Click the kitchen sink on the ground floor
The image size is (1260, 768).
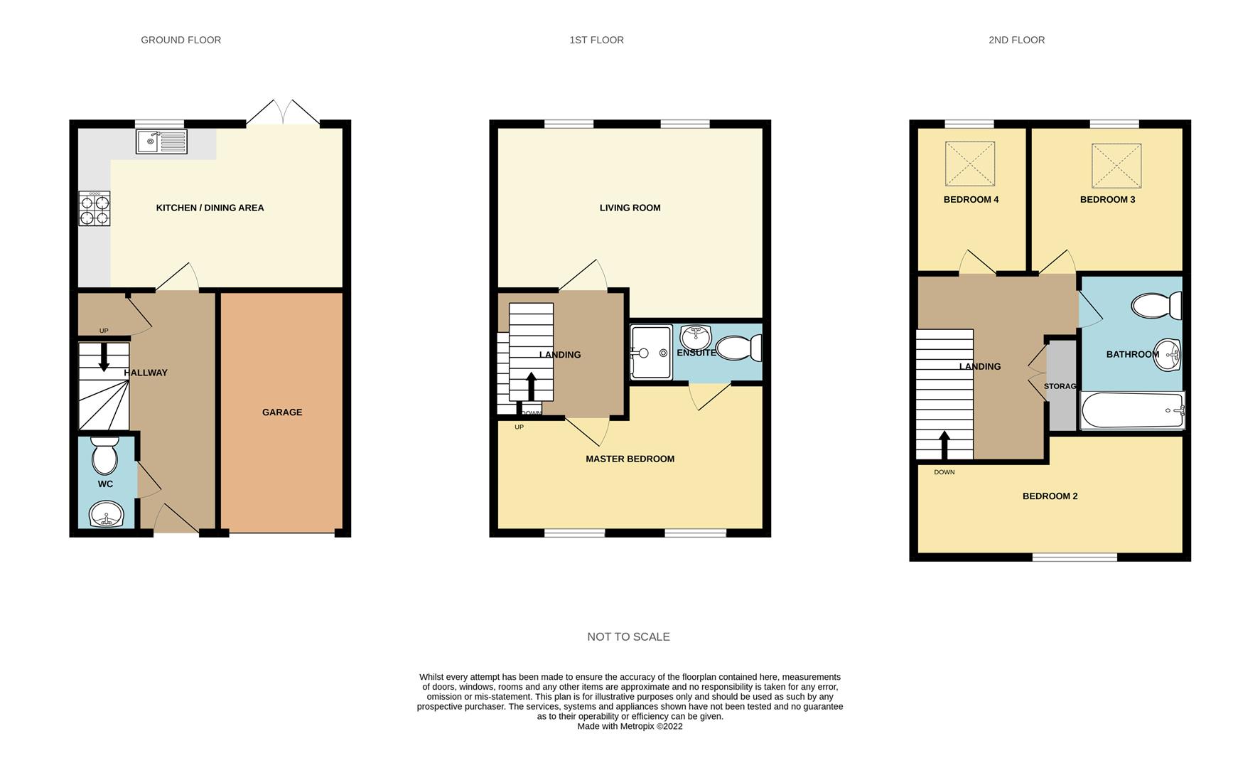(161, 142)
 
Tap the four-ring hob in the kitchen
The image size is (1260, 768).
(94, 208)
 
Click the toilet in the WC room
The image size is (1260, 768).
(105, 455)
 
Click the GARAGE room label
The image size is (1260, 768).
(282, 412)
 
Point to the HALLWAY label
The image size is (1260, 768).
(146, 373)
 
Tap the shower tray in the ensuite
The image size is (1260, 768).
(651, 352)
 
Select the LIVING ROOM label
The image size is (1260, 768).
(630, 208)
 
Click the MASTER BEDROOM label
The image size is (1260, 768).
(630, 459)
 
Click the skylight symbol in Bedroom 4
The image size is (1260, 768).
(969, 164)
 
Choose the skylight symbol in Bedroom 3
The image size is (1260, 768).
(1116, 166)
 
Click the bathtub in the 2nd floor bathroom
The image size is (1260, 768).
(1133, 411)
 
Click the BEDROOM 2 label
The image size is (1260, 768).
(1050, 496)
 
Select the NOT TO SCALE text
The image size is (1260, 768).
(629, 636)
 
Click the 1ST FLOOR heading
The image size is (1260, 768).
(597, 40)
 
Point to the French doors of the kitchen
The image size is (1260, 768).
(283, 113)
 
